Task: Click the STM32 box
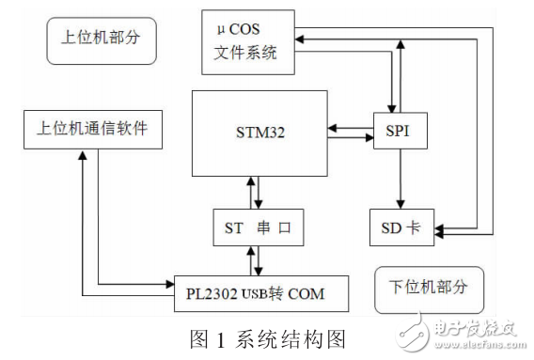coord(259,133)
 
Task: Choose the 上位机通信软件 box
coord(92,130)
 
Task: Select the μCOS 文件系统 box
coord(246,42)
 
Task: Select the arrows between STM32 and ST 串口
coord(254,192)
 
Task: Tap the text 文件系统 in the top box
coord(246,53)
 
